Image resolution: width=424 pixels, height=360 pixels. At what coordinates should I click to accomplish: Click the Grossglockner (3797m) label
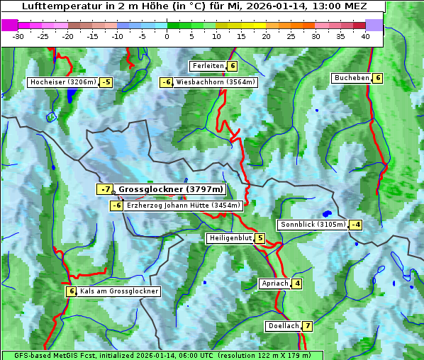click(x=170, y=189)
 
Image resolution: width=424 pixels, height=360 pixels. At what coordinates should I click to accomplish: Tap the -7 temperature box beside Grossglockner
click(x=105, y=189)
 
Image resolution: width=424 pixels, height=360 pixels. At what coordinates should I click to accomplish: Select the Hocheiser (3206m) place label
click(x=62, y=82)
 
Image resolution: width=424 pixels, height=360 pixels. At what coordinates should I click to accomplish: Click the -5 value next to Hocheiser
click(x=106, y=82)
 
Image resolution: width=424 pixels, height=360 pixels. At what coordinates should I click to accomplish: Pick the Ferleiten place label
click(x=208, y=66)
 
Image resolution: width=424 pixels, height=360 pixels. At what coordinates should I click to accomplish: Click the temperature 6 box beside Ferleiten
click(x=233, y=66)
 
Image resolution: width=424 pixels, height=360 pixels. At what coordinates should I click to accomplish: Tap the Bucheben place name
click(x=352, y=78)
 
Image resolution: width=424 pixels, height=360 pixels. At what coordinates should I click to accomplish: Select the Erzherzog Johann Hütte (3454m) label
click(x=184, y=206)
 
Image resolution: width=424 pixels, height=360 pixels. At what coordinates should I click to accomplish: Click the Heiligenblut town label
click(x=230, y=238)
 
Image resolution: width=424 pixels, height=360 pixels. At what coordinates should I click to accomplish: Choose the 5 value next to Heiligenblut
click(x=260, y=238)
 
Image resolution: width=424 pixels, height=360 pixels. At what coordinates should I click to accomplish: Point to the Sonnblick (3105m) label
click(x=313, y=225)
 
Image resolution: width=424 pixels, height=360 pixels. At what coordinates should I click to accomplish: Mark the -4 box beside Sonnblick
click(x=356, y=225)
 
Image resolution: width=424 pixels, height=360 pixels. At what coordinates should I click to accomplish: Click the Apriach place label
click(x=275, y=283)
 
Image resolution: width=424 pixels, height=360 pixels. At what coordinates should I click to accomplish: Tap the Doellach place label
click(x=284, y=326)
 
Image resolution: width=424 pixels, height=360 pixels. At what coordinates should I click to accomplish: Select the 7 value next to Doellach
click(x=307, y=326)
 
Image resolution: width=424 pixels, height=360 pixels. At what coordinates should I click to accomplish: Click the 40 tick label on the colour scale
click(x=365, y=35)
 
